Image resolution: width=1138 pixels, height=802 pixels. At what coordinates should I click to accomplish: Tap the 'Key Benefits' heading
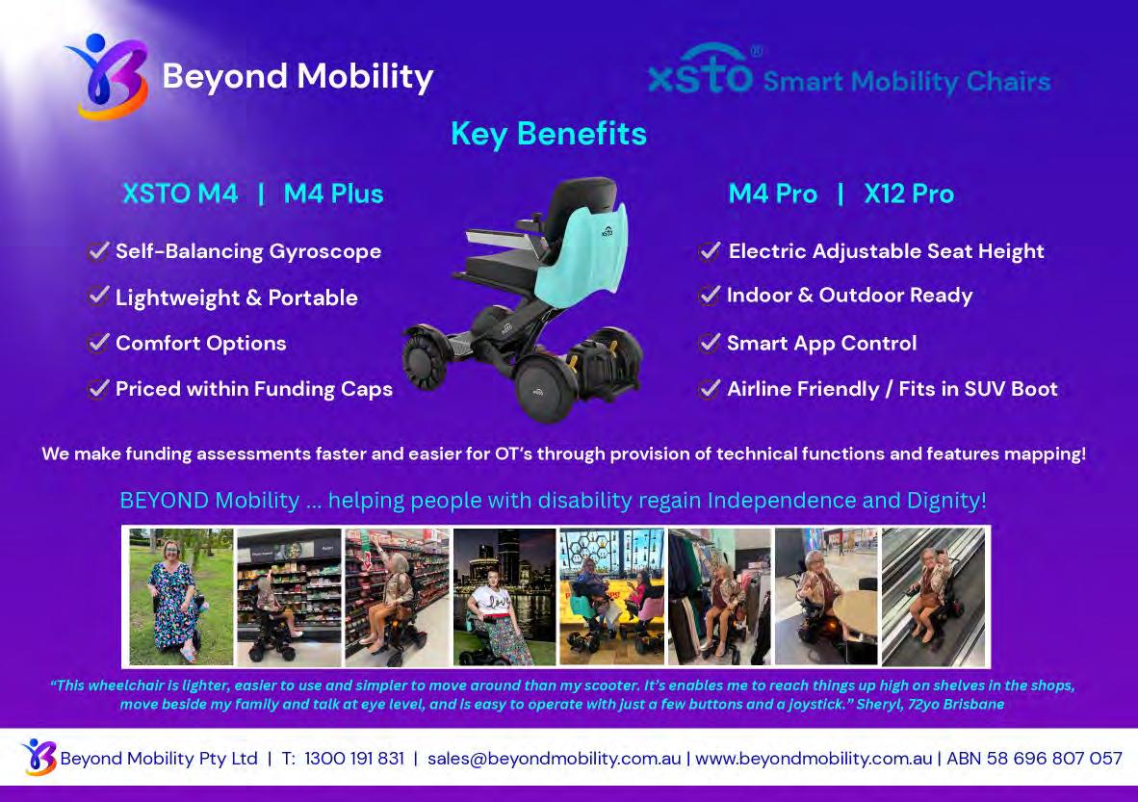549,134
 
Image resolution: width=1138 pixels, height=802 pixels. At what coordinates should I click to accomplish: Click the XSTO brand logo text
700,70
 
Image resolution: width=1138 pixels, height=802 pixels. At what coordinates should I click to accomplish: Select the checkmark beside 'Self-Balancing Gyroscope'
98,251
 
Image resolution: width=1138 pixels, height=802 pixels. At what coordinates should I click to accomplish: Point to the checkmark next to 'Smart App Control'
710,343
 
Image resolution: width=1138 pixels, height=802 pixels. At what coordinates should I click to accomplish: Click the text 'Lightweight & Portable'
237,298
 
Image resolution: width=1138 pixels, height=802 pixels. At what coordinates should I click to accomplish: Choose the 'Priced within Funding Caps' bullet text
254,390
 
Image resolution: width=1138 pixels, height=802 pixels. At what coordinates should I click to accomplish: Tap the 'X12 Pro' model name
909,194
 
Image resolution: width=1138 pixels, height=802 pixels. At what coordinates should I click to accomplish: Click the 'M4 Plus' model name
333,194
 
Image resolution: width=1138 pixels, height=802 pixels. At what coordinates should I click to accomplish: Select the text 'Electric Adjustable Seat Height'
886,251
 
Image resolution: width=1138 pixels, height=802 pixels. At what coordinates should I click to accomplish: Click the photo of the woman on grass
181,596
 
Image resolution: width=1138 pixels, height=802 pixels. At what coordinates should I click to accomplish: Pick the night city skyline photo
504,596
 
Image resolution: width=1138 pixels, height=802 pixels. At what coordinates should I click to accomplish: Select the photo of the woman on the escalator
933,596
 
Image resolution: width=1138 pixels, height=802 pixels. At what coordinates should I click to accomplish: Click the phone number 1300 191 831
354,759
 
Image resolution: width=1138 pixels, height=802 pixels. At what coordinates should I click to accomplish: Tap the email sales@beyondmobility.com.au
554,759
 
